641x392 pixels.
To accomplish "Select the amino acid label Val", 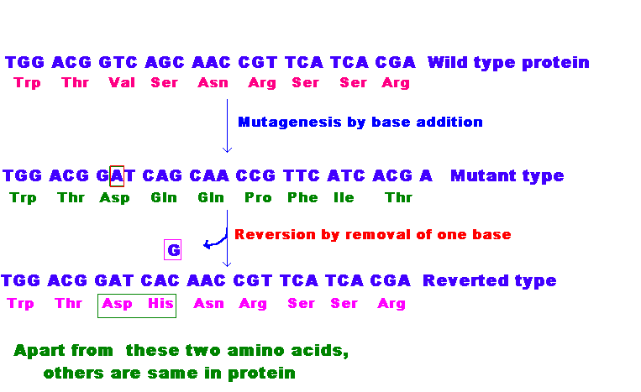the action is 122,82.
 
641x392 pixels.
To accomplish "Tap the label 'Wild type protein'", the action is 508,63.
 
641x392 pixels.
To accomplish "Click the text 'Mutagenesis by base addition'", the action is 360,122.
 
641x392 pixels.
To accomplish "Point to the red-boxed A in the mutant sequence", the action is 117,176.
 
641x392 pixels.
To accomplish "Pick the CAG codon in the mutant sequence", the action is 162,176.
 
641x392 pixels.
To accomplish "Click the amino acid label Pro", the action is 258,197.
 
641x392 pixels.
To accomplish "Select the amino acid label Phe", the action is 302,197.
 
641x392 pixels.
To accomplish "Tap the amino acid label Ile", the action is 344,197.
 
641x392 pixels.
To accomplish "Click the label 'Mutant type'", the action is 507,176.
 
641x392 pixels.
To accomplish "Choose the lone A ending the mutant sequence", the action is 426,176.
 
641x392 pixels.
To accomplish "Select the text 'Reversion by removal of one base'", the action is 373,235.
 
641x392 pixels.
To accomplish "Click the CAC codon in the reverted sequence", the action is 160,281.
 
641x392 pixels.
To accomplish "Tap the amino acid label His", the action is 160,303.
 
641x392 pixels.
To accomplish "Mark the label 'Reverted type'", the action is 489,281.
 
